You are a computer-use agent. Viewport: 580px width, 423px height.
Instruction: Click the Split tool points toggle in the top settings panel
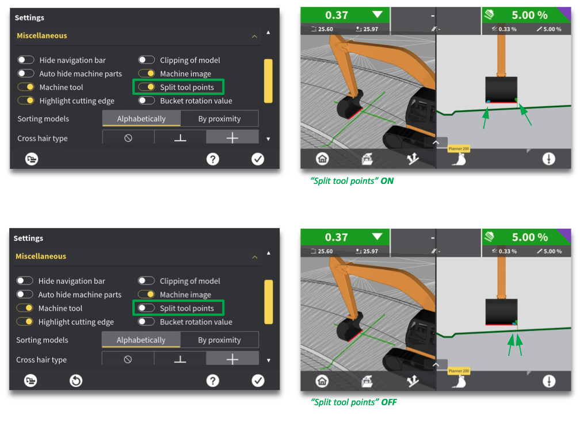click(x=146, y=87)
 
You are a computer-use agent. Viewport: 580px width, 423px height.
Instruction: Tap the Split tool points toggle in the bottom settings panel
click(x=146, y=308)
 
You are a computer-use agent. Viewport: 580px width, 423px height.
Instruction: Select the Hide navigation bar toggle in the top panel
click(x=26, y=60)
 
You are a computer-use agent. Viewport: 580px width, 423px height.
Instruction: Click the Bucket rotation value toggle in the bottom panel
click(x=146, y=322)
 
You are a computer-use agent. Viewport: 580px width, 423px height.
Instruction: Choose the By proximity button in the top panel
click(x=219, y=118)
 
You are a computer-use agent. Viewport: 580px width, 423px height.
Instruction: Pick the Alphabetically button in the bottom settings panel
click(x=141, y=340)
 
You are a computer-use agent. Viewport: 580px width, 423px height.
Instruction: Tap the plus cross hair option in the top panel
click(x=232, y=138)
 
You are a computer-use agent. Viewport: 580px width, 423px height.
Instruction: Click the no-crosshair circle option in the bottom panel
click(x=128, y=359)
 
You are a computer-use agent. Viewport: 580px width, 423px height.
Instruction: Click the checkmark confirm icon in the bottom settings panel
click(x=258, y=380)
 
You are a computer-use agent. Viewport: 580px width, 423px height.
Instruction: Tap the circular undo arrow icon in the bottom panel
click(x=76, y=380)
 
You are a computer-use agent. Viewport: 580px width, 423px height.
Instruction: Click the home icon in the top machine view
click(x=322, y=159)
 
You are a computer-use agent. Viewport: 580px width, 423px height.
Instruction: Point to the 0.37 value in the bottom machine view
click(x=336, y=237)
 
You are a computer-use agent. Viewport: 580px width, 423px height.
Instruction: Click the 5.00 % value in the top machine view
click(x=530, y=15)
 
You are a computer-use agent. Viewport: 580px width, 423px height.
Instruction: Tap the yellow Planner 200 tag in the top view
click(x=459, y=148)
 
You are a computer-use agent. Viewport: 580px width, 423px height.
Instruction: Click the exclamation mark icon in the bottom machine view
click(x=549, y=381)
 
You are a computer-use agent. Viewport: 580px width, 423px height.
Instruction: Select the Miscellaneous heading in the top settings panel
click(x=42, y=36)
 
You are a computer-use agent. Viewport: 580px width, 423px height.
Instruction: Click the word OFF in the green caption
click(x=389, y=402)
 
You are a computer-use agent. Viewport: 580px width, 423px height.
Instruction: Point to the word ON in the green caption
click(x=387, y=180)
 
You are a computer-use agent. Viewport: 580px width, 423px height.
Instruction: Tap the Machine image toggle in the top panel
click(x=146, y=74)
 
